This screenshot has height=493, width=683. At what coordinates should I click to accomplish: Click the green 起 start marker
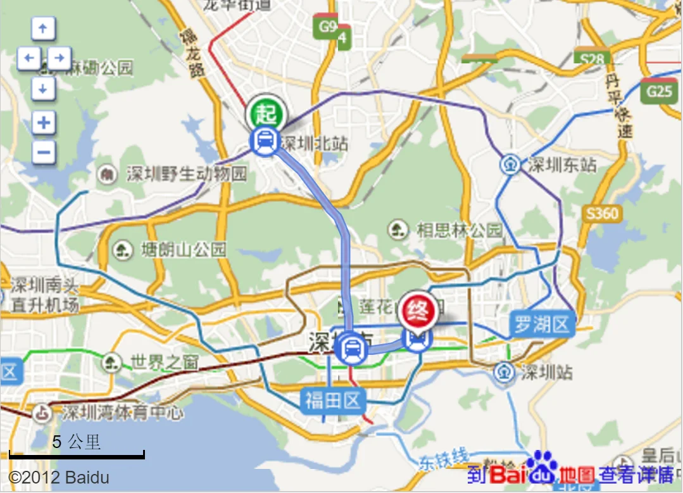(x=266, y=115)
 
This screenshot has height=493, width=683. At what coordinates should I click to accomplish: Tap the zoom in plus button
(x=44, y=122)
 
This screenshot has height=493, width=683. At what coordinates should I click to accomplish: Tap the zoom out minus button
(x=44, y=152)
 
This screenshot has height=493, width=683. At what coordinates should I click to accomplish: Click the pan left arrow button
(x=28, y=59)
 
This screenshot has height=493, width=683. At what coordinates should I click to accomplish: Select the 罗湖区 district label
(x=542, y=325)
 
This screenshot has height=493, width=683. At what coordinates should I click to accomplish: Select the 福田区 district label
(x=333, y=400)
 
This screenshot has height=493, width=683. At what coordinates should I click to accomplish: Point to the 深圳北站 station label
(x=315, y=143)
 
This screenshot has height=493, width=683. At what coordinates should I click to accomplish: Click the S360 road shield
(x=601, y=214)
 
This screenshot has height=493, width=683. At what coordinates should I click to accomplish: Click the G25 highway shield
(x=658, y=92)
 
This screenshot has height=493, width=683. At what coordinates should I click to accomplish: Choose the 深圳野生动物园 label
(x=186, y=174)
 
